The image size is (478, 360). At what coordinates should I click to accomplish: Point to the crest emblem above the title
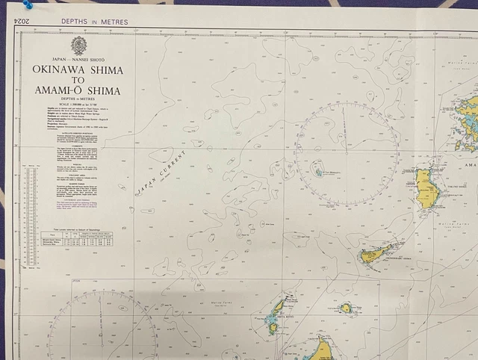(78, 46)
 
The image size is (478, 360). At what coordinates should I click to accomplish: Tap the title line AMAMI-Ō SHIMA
(78, 92)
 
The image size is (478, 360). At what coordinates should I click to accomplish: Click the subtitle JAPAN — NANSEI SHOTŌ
(78, 58)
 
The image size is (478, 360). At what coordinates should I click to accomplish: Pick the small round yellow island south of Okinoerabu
(346, 307)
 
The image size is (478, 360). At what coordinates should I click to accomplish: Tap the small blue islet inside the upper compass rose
(317, 171)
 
